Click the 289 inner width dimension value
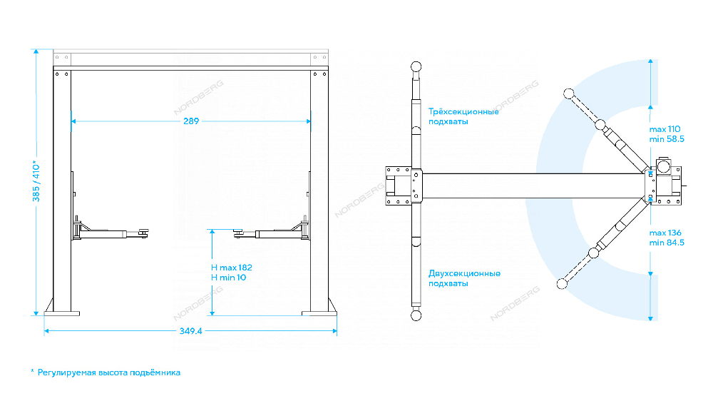tap(191, 121)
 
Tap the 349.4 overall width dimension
tap(190, 331)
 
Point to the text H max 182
tap(232, 268)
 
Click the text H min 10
tap(228, 278)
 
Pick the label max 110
tap(665, 129)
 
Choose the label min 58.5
tap(667, 139)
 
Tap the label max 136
tap(665, 233)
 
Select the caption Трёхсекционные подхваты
tap(463, 116)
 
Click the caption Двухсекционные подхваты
tap(464, 278)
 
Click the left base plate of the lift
tap(62, 313)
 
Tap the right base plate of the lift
tap(319, 313)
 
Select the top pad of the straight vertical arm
tap(416, 66)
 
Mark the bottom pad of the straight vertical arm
tap(416, 315)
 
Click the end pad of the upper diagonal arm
tap(568, 93)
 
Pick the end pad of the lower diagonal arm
tap(562, 283)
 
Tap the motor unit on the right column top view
tap(663, 166)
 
